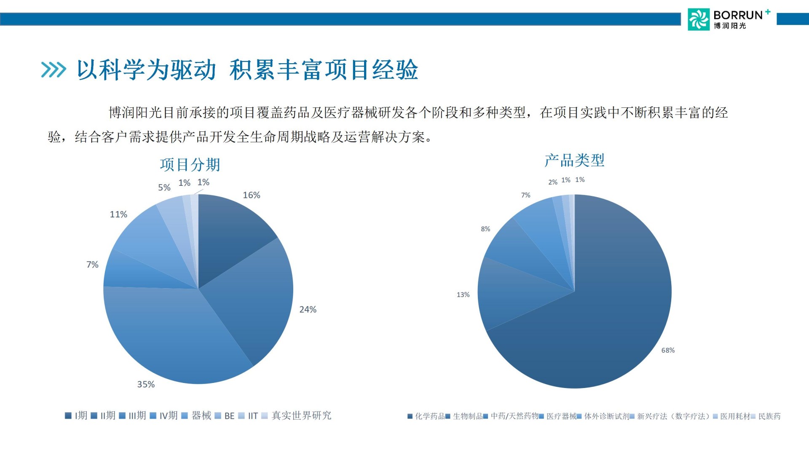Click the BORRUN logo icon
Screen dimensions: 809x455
tap(699, 19)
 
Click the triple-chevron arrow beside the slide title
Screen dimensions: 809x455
tap(54, 70)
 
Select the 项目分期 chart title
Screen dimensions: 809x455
tap(190, 164)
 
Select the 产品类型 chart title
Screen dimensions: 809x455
tap(574, 160)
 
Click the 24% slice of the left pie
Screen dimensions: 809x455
tap(253, 299)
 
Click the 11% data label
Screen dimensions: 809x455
tap(118, 214)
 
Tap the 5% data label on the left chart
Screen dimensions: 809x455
tap(164, 187)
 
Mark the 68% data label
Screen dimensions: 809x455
tap(668, 350)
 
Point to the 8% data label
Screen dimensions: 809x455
tap(485, 229)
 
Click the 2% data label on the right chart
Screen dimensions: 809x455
tap(553, 182)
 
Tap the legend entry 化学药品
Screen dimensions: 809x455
tap(426, 416)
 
